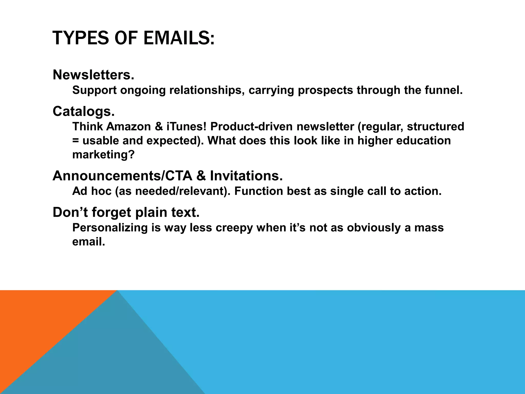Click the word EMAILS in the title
(x=178, y=38)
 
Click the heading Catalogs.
(x=84, y=111)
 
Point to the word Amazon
(x=128, y=126)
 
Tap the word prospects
(x=325, y=90)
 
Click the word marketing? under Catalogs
(x=103, y=155)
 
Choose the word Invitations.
(x=246, y=176)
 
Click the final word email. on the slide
(x=89, y=242)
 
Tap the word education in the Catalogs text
(x=423, y=141)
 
